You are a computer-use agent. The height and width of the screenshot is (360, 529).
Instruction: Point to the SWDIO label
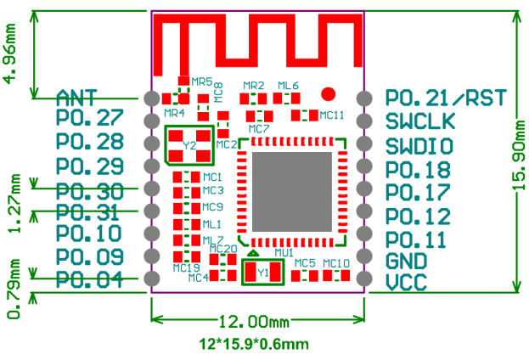[x=419, y=145]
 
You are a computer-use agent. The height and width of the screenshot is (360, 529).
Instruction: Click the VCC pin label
[x=406, y=283]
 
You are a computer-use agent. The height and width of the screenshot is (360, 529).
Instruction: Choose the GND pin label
[x=406, y=262]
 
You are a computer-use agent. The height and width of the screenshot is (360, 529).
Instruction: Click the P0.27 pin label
[x=90, y=119]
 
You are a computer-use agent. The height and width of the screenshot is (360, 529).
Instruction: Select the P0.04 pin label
[x=90, y=279]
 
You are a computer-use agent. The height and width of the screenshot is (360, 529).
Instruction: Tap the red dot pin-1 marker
[x=330, y=94]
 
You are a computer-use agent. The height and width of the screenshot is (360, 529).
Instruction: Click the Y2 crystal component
[x=189, y=145]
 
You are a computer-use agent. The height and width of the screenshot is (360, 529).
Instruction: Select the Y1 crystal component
[x=262, y=273]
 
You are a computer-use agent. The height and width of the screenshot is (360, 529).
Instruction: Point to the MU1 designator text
[x=284, y=253]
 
